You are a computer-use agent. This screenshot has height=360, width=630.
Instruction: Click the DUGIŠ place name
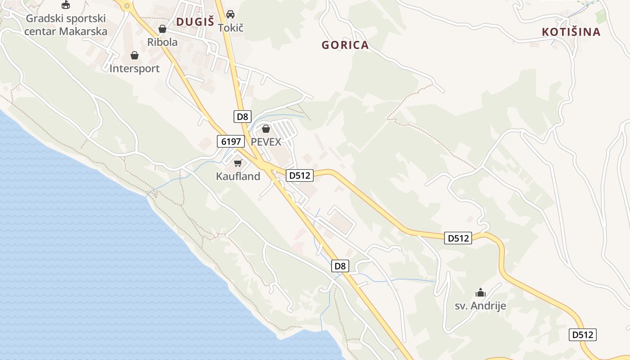point(195,22)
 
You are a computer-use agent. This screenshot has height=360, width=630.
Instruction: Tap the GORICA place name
point(345,45)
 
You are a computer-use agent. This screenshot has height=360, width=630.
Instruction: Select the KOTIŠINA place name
point(571,32)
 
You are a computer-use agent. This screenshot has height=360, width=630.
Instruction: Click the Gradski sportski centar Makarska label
point(66,25)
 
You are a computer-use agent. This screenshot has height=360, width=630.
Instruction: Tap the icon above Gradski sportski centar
point(66,5)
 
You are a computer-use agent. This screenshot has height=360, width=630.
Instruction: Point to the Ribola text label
point(162,42)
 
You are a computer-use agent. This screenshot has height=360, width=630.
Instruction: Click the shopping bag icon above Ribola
point(162,29)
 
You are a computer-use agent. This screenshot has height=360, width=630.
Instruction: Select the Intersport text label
point(135,69)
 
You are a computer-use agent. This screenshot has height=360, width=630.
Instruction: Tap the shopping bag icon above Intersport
point(134,55)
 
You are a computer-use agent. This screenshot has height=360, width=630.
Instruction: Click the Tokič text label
point(230,27)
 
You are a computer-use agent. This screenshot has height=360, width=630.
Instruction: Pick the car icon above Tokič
point(230,14)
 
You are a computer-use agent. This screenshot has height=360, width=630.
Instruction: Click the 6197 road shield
point(231,141)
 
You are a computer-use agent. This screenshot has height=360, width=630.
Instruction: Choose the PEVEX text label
point(266,142)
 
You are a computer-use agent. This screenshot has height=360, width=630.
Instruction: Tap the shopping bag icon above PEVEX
point(266,129)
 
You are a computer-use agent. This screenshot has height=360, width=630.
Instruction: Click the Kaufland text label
point(238,176)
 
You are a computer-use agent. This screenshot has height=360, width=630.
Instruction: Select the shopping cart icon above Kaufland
point(238,163)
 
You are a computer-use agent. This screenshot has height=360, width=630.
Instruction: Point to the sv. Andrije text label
point(480,306)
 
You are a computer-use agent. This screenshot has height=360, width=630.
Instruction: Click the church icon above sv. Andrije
point(481,292)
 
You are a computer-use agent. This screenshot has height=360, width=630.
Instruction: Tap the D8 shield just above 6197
point(243,117)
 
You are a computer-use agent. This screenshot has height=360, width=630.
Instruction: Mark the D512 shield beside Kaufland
point(300,175)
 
